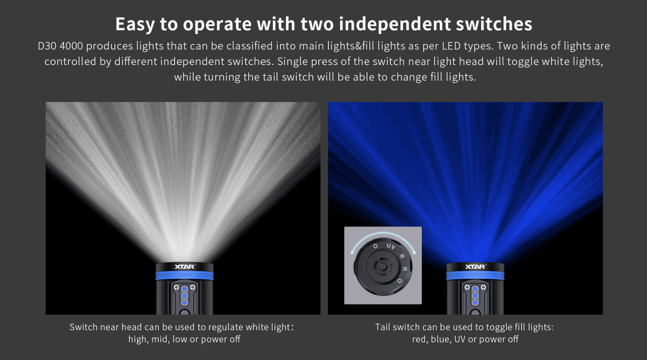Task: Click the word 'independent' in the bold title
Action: (x=395, y=24)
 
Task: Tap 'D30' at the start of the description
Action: (x=46, y=46)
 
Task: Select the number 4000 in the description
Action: (x=71, y=46)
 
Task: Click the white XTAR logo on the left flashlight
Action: (x=185, y=266)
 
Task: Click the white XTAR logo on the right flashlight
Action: (x=475, y=266)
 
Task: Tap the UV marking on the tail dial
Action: (x=391, y=246)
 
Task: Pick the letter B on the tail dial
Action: (x=402, y=256)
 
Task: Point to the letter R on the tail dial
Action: (x=405, y=269)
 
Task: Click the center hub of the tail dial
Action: (x=383, y=266)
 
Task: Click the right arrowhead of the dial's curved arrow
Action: (x=414, y=252)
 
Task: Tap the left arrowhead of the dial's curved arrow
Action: (x=352, y=252)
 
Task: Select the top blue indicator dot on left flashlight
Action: (x=184, y=289)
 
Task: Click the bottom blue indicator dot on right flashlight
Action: (x=475, y=303)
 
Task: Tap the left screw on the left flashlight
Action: (x=176, y=287)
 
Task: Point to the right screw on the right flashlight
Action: (x=483, y=287)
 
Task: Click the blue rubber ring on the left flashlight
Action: (x=184, y=276)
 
